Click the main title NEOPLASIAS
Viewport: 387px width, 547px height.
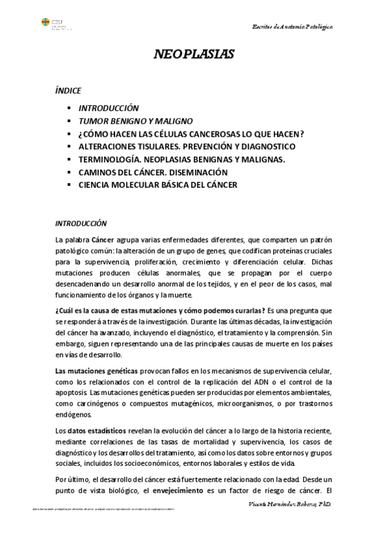(193, 54)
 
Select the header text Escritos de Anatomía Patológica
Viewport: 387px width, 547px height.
(292, 26)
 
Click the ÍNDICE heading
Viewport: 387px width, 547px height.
(68, 91)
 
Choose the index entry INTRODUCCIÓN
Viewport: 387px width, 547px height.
(109, 108)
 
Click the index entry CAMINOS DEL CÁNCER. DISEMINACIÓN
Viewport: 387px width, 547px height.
(153, 172)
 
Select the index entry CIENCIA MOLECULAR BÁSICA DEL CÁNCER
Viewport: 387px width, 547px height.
(158, 185)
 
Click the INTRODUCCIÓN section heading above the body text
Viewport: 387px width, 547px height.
(81, 223)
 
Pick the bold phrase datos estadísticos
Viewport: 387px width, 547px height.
(94, 430)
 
